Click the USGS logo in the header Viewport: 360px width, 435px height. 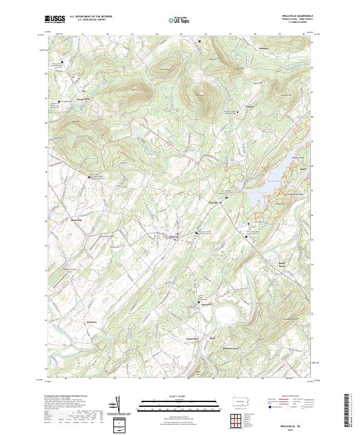pos(55,19)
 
